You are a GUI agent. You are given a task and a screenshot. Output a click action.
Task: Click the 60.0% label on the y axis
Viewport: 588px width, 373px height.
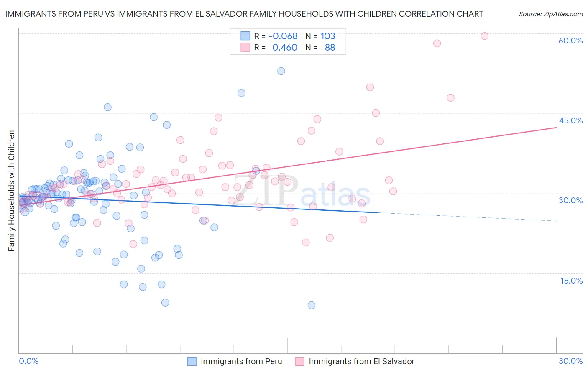570,41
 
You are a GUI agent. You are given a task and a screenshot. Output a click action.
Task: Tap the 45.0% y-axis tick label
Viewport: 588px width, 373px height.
570,120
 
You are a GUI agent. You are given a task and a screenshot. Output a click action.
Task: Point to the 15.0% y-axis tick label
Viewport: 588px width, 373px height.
571,281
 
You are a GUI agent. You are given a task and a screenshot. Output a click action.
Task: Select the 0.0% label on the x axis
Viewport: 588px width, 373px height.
28,361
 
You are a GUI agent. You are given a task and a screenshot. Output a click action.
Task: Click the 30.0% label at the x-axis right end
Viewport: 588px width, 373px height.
570,361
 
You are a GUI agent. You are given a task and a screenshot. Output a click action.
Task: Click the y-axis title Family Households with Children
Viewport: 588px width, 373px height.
12,191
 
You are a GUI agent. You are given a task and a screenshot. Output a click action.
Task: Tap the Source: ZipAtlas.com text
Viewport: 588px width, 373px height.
550,14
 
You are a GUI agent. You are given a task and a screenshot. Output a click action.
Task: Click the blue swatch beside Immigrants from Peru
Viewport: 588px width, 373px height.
192,361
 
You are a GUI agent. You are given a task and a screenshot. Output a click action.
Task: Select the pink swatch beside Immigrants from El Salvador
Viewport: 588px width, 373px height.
300,361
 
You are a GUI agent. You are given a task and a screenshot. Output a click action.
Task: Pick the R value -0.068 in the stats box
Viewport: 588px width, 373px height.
283,36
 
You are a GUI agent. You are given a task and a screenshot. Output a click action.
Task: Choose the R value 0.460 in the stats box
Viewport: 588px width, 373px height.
284,48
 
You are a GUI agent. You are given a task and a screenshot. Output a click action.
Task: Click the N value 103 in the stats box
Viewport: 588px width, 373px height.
328,36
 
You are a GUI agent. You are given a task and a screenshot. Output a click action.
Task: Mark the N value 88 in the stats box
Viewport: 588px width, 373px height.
330,48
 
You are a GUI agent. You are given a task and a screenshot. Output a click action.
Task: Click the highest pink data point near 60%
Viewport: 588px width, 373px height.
484,36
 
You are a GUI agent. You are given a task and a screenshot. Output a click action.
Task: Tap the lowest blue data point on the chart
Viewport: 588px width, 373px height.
312,305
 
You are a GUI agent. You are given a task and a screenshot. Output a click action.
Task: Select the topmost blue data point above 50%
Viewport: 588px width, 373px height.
281,71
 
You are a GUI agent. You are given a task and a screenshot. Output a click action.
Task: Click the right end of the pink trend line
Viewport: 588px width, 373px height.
556,128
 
